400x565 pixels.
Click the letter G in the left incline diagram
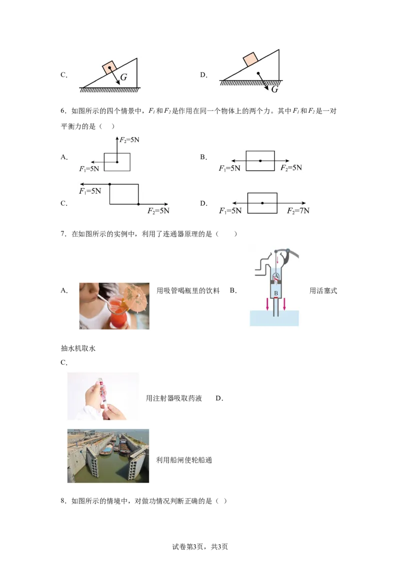[123, 78]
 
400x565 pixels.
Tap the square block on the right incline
[250, 59]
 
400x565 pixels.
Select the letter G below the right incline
[274, 89]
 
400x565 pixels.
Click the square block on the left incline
[110, 67]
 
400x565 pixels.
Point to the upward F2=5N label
[129, 140]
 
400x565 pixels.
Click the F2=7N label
[298, 211]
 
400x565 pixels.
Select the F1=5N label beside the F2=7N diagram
[230, 211]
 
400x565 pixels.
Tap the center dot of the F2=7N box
[262, 203]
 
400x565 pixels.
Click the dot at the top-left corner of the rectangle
[109, 185]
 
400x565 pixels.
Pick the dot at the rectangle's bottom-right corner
[138, 204]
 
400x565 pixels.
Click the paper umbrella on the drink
[133, 295]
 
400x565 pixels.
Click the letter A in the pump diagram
[275, 276]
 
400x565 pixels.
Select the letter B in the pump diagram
[275, 292]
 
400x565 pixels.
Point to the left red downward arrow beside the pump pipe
[267, 304]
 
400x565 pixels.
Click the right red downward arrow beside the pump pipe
[284, 304]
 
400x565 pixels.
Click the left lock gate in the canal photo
[93, 463]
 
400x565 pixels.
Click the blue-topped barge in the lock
[105, 452]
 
